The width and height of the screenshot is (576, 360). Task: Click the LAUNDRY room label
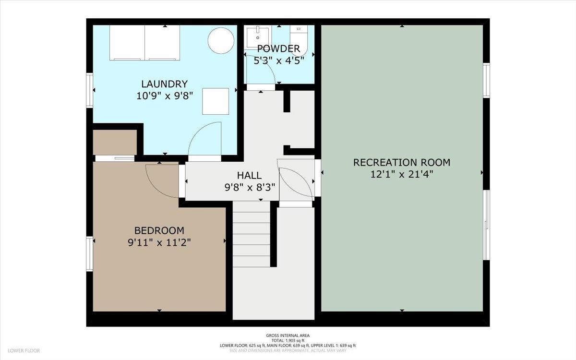[x=164, y=84]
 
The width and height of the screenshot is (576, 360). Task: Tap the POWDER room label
[x=278, y=48]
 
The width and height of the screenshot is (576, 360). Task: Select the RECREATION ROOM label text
[x=402, y=163]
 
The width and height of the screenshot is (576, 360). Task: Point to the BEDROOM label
[x=159, y=230]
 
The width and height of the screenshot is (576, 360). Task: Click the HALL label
[x=249, y=175]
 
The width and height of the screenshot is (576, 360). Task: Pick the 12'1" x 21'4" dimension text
[x=402, y=175]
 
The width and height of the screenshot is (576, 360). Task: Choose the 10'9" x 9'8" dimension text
[x=164, y=96]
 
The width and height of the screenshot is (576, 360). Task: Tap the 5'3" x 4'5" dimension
[x=279, y=60]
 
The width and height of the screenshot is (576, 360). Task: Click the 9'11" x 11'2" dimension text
[x=159, y=242]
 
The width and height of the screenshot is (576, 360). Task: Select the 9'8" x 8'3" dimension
[x=250, y=188]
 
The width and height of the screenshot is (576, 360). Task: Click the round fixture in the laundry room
[x=221, y=41]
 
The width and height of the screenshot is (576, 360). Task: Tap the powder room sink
[x=258, y=37]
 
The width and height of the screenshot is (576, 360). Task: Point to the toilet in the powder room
[x=299, y=40]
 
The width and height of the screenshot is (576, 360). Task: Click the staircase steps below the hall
[x=252, y=234]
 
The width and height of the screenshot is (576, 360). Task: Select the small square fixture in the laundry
[x=216, y=101]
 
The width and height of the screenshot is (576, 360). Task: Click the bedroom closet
[x=115, y=142]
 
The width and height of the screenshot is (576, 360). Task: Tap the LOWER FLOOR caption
[x=24, y=350]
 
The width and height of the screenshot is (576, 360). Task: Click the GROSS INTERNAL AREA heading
[x=288, y=336]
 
